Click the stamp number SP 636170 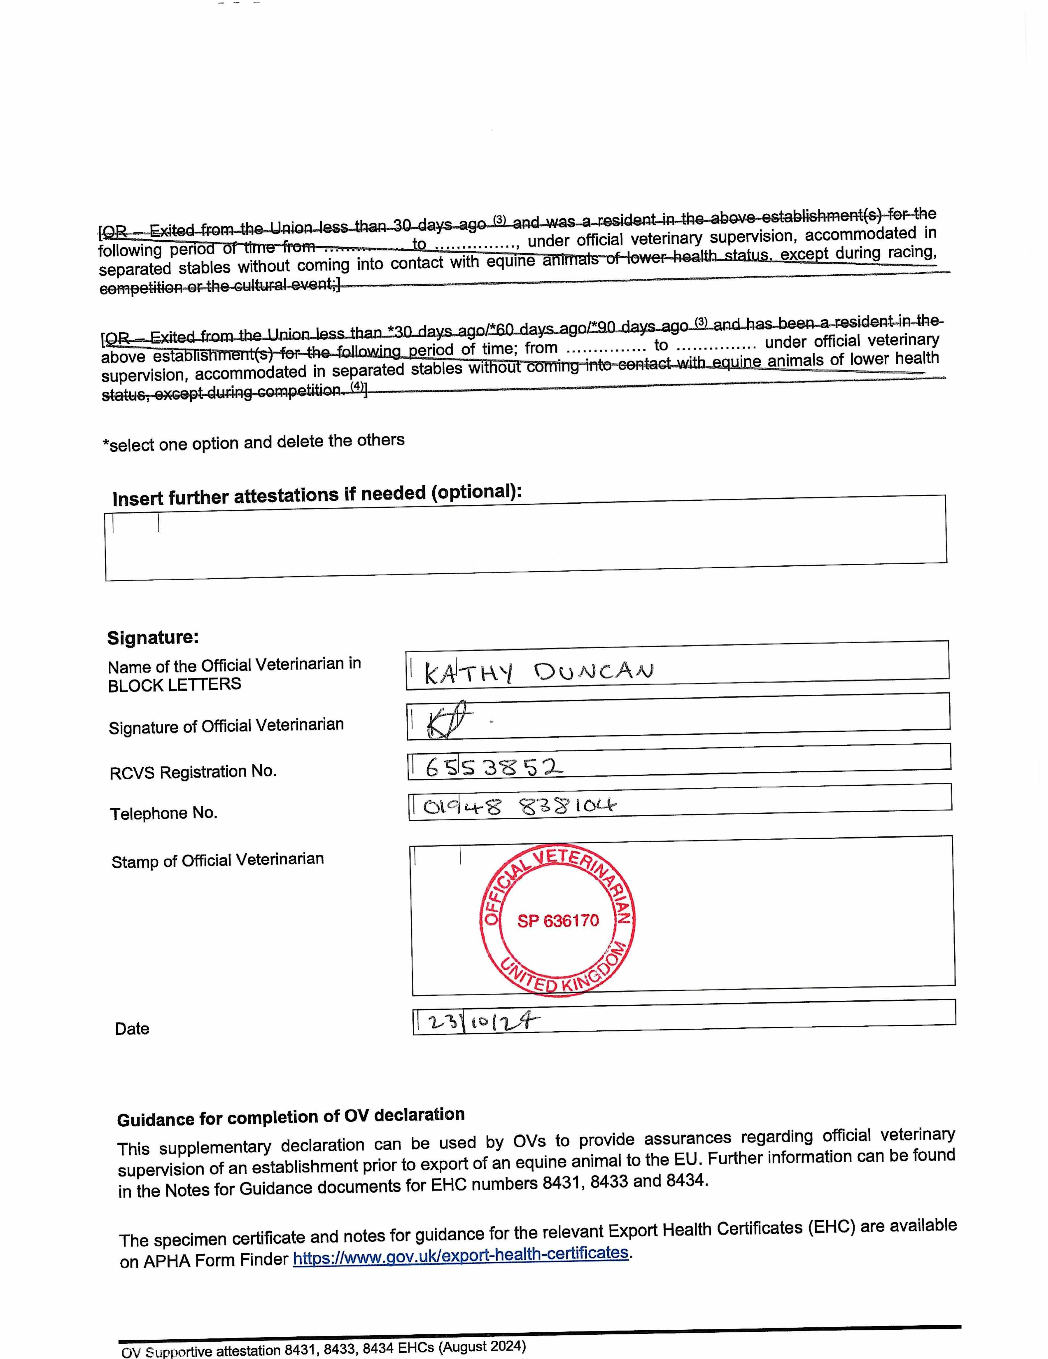558,920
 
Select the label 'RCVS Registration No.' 193,772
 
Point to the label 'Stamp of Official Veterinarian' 218,860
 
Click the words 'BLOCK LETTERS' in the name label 174,684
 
